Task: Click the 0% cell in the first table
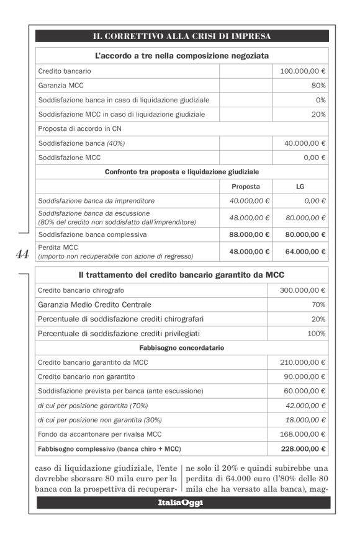320,99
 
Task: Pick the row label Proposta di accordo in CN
79,128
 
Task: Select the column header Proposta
245,187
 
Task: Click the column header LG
300,187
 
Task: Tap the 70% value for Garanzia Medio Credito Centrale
319,305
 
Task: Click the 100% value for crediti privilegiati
317,334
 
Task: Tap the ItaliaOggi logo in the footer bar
179,502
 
